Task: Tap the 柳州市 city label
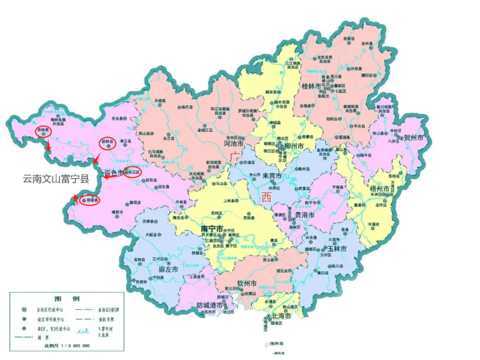(x=292, y=146)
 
